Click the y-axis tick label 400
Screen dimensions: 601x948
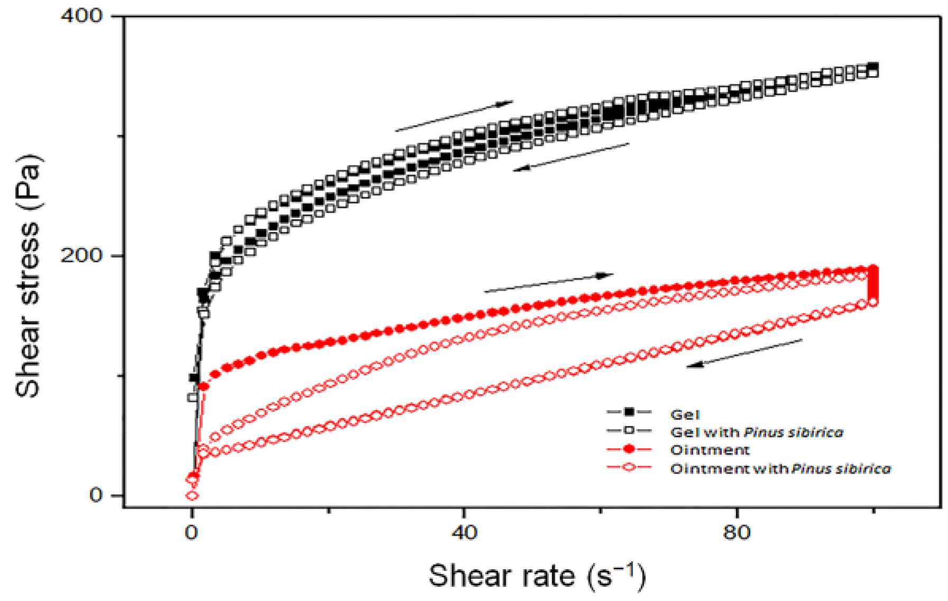(81, 16)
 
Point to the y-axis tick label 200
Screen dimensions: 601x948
(81, 255)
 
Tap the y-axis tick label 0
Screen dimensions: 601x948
(96, 495)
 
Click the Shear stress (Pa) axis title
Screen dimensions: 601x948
(27, 275)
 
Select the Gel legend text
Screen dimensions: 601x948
(685, 415)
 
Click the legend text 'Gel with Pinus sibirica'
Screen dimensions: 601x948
(756, 432)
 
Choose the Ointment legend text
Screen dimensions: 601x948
(710, 450)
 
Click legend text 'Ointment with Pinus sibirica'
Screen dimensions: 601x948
(780, 469)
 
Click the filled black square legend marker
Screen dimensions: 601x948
(629, 412)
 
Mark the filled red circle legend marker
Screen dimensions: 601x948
(629, 449)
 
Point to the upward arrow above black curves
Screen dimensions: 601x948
(454, 116)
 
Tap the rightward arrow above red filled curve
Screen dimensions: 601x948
(548, 283)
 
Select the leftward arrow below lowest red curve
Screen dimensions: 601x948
(744, 353)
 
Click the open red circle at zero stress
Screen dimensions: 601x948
(192, 495)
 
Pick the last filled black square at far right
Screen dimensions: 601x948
(873, 67)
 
